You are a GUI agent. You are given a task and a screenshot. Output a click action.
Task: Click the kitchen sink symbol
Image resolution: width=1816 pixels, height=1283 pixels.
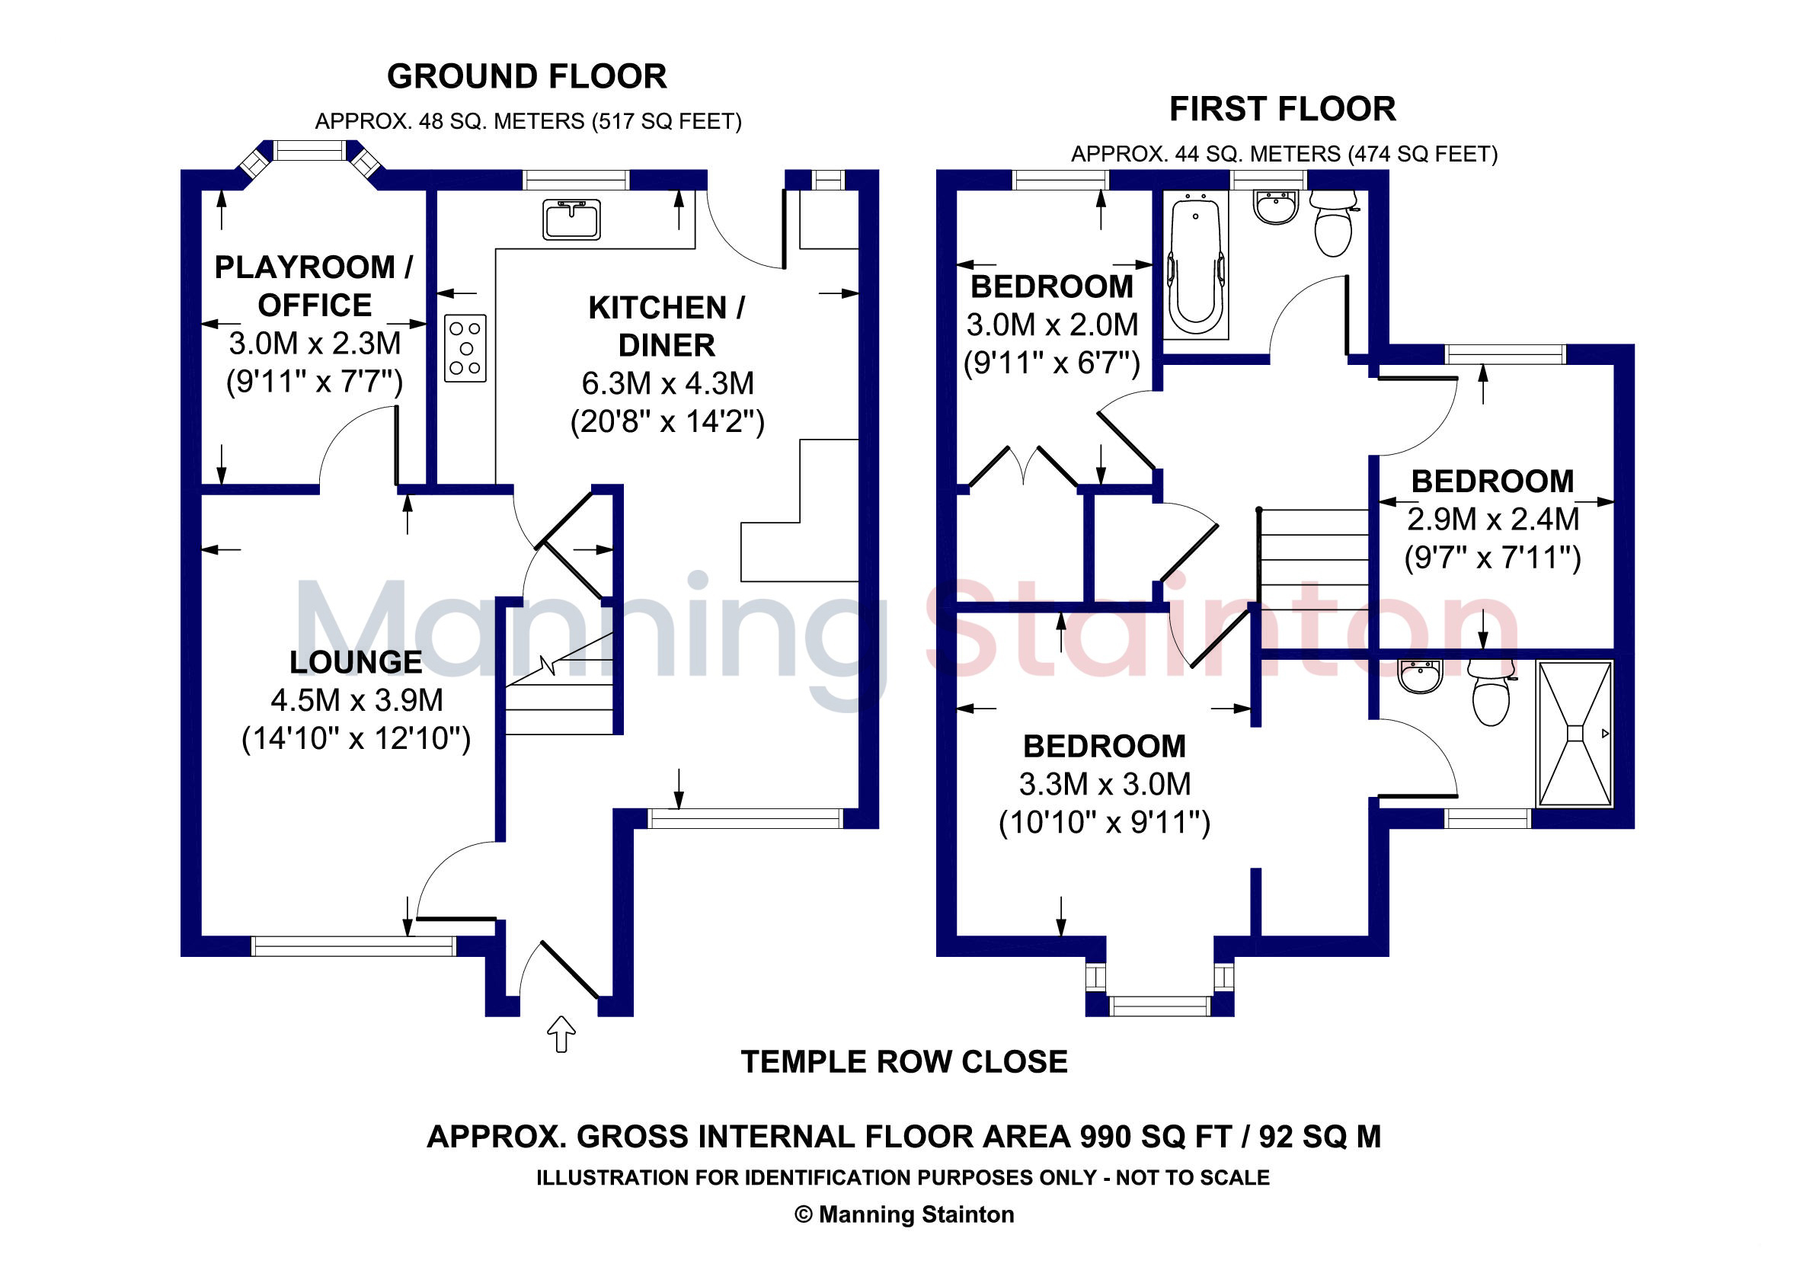tap(571, 219)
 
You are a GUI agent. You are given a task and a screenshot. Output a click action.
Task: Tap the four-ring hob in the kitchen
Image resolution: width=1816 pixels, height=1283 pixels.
tap(465, 348)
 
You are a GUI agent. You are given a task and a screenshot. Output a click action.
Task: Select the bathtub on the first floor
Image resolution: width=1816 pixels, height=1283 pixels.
tap(1195, 267)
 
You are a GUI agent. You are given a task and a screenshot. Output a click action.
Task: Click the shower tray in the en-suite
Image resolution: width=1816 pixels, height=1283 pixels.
tap(1575, 734)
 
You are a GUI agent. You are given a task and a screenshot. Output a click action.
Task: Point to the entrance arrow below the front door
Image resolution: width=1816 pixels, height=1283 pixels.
tap(561, 1034)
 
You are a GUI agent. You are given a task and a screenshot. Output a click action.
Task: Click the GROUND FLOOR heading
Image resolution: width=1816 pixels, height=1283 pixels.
tap(527, 77)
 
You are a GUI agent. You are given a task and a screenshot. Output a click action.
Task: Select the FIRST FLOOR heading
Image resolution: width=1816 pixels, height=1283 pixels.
tap(1282, 109)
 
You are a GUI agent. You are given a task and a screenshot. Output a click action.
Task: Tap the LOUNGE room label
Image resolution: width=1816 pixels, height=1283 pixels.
tap(356, 662)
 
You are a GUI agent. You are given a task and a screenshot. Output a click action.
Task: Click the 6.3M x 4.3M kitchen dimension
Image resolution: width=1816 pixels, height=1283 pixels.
tap(667, 384)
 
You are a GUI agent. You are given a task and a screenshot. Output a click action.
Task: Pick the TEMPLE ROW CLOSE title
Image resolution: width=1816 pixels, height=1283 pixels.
tap(904, 1061)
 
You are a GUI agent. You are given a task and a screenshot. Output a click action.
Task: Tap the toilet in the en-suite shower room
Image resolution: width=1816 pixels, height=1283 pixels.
tap(1491, 693)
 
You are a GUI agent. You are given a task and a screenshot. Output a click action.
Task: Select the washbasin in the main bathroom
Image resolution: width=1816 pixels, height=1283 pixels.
tap(1276, 207)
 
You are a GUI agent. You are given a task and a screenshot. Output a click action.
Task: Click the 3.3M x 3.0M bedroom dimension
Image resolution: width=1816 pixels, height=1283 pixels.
tap(1105, 785)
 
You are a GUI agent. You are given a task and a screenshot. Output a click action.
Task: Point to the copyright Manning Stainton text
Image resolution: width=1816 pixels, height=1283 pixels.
tap(904, 1214)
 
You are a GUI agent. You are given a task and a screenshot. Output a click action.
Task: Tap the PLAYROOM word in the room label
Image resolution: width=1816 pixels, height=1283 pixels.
tap(305, 267)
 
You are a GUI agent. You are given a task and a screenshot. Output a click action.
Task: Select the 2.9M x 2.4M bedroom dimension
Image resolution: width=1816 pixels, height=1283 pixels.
tap(1493, 520)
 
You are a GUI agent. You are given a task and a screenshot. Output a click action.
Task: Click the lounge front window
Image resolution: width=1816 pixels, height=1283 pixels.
tap(353, 946)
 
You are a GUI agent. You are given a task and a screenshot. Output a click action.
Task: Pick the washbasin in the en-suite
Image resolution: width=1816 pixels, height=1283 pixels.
tap(1421, 677)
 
